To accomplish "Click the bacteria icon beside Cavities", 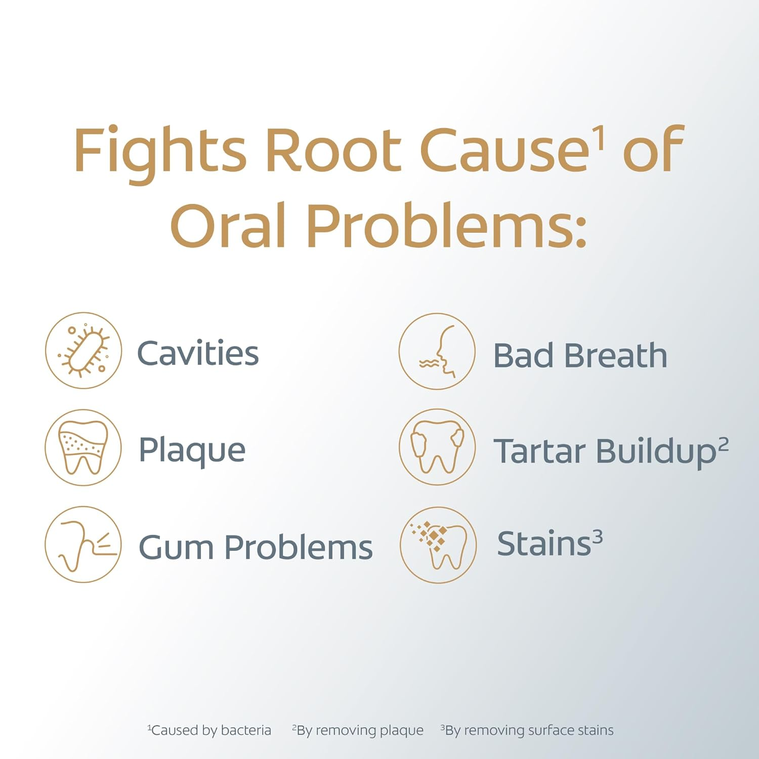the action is (83, 351).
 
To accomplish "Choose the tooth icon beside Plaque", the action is (83, 447).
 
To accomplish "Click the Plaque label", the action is (192, 451).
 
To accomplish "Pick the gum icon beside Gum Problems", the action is (83, 544).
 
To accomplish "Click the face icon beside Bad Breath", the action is (437, 351).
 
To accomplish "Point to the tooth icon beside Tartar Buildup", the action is (437, 447).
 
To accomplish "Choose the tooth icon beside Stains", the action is (438, 545).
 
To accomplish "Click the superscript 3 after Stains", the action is (598, 536).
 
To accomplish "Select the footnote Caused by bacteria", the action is (209, 730).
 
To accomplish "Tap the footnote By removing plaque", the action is (358, 730).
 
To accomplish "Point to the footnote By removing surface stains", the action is (527, 730).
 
